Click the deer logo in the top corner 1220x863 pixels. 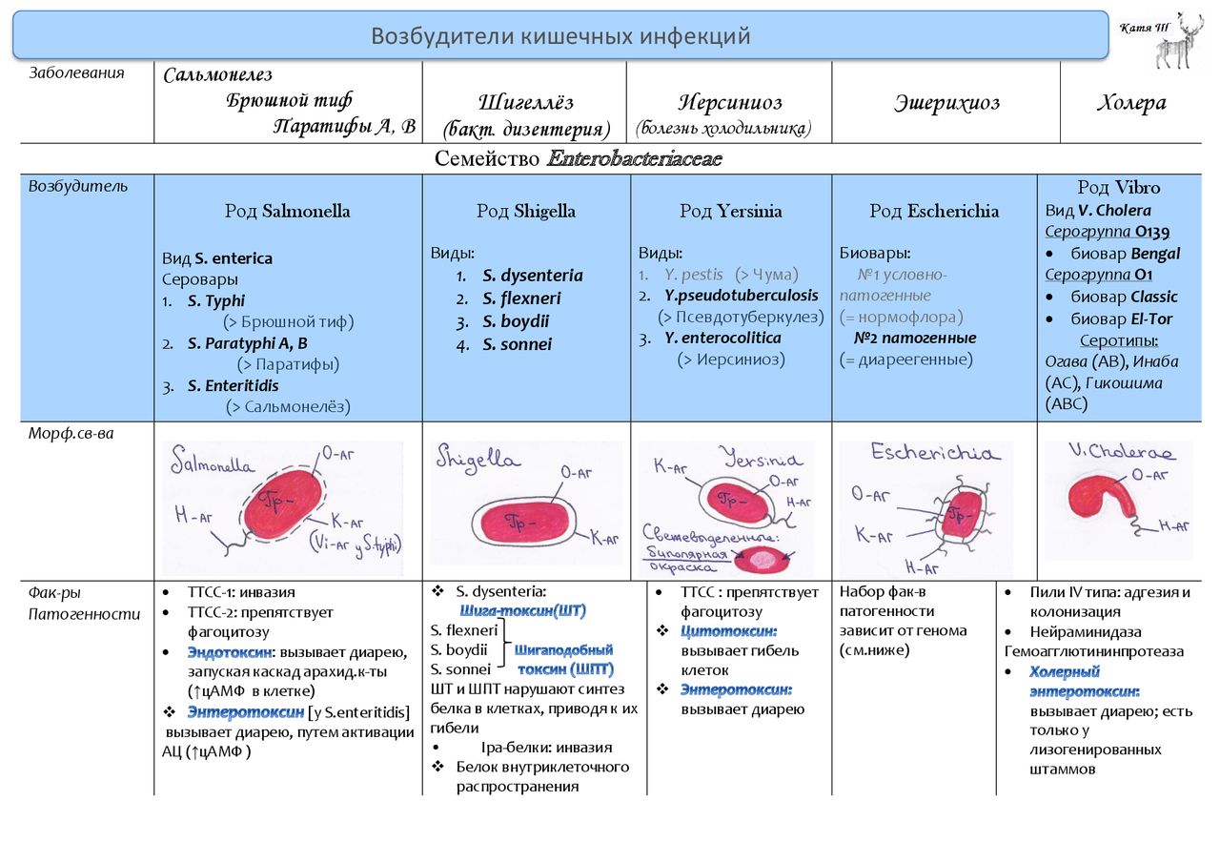click(1179, 41)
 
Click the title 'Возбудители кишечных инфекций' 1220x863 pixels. click(560, 36)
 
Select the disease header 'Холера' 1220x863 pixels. click(1131, 102)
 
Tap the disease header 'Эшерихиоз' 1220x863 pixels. click(946, 102)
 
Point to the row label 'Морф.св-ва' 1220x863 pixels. click(71, 434)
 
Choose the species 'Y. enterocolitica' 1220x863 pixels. click(722, 338)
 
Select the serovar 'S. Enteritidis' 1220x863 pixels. click(233, 386)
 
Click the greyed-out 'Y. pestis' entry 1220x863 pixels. click(693, 275)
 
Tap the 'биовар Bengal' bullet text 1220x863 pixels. click(1125, 254)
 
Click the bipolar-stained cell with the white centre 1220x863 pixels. click(762, 560)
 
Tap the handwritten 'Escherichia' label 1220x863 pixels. click(935, 452)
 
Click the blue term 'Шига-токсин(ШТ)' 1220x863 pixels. click(522, 610)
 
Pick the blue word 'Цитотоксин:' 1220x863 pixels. click(728, 631)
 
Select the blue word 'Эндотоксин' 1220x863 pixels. click(230, 651)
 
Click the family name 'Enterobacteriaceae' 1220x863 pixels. click(635, 158)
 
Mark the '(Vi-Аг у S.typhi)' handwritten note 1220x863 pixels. click(356, 545)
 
